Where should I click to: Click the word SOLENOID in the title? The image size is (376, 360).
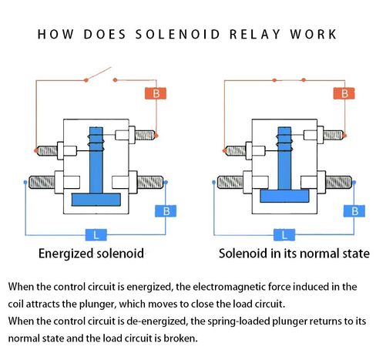177,35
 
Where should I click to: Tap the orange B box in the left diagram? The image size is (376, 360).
156,93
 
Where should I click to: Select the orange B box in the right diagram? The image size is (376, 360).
344,93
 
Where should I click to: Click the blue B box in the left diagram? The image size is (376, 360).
166,211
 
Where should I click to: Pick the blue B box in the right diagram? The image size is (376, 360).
354,211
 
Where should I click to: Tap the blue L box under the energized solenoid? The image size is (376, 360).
96,235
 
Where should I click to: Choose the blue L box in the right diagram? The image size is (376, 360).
284,235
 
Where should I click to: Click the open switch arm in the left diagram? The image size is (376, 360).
99,74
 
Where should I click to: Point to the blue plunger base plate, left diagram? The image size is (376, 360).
96,200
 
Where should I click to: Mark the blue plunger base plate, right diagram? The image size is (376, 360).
284,196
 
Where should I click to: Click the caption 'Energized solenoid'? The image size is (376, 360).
91,254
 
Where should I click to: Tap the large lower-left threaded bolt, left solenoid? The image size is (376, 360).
42,182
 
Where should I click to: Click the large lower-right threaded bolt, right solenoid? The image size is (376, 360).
338,182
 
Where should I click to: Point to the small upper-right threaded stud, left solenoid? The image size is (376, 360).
145,135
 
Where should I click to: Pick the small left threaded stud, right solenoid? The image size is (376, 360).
236,150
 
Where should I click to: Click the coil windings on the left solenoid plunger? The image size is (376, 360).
96,143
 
